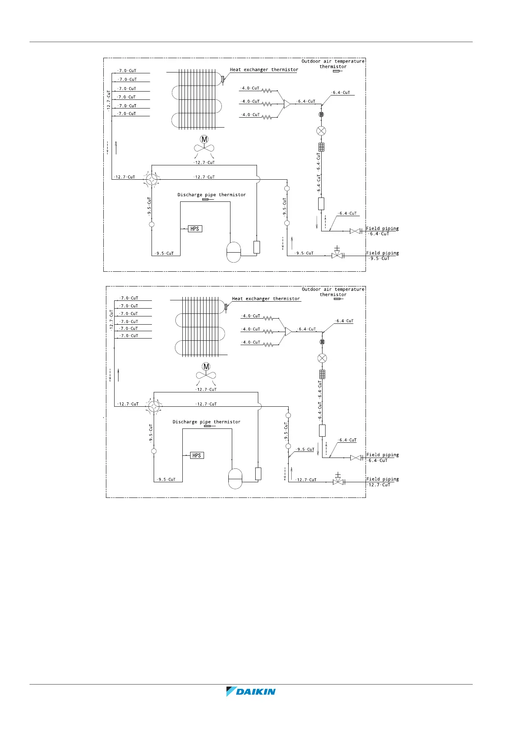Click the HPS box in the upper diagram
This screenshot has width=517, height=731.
(195, 229)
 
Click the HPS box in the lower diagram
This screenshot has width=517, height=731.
(197, 455)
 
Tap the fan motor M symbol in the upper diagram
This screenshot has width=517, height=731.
(204, 139)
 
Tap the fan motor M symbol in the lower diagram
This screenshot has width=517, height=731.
(206, 367)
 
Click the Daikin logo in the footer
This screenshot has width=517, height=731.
(251, 691)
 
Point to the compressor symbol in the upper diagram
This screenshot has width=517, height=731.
(234, 252)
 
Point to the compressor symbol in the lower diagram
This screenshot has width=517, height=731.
(235, 478)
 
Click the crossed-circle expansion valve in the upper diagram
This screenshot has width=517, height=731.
(321, 131)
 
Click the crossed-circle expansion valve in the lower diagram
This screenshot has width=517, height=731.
(322, 358)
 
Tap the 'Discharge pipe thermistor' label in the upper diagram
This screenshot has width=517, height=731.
(211, 195)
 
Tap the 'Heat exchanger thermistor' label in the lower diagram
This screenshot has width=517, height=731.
(266, 299)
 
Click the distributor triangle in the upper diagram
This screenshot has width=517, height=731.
(286, 104)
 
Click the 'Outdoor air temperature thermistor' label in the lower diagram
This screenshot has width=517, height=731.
(333, 292)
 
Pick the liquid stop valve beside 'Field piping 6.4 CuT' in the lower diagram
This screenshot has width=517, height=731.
(356, 458)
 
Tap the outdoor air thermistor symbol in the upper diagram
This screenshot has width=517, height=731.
(336, 71)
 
